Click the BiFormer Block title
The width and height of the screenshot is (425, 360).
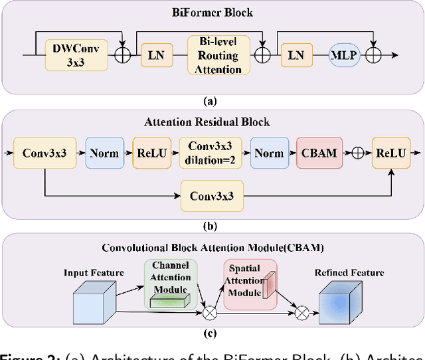point(212,11)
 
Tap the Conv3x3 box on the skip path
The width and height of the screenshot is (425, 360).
point(211,196)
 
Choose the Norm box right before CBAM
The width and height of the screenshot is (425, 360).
point(269,153)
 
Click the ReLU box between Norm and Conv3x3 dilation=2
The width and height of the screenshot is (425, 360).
point(152,153)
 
